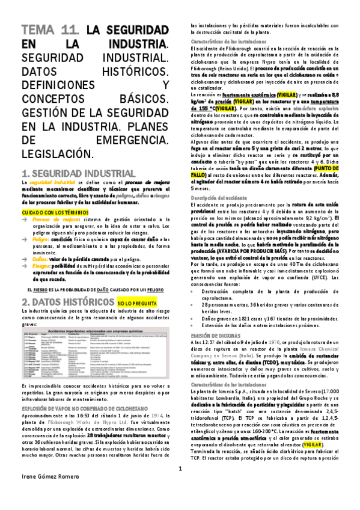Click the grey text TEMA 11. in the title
tap(49, 31)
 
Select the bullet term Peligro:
tap(41, 239)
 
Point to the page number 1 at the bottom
tap(180, 485)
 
